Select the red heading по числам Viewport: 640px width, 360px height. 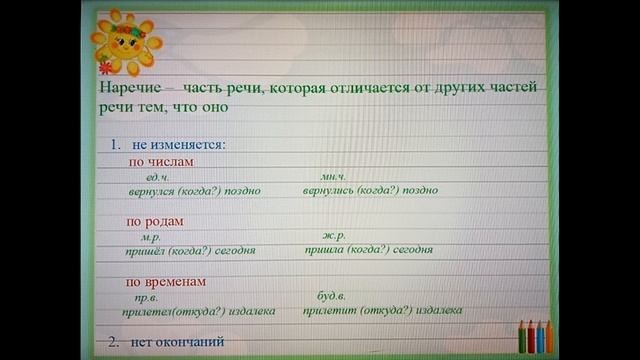click(x=160, y=161)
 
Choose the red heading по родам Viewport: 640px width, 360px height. click(x=156, y=221)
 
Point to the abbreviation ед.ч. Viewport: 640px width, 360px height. click(x=158, y=176)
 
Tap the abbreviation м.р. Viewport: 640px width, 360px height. click(x=152, y=236)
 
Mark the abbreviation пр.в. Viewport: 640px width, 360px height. click(x=148, y=297)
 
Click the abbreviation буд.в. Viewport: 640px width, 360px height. click(x=331, y=297)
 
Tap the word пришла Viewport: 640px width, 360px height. click(x=323, y=250)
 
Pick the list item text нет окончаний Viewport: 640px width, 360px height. click(x=176, y=342)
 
